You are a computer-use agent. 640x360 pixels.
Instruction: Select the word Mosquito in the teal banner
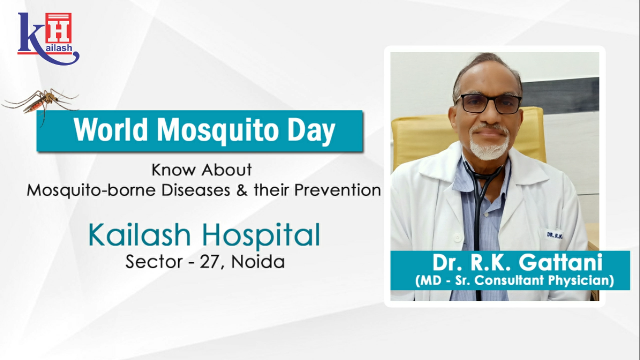pyautogui.click(x=218, y=131)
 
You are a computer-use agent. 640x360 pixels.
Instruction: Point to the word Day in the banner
pyautogui.click(x=311, y=131)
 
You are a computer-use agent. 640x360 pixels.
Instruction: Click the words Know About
pyautogui.click(x=202, y=170)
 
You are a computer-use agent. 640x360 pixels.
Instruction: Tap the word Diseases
pyautogui.click(x=196, y=190)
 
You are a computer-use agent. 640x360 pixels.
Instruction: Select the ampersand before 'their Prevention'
pyautogui.click(x=242, y=190)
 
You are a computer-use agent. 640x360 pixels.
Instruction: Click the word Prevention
pyautogui.click(x=337, y=190)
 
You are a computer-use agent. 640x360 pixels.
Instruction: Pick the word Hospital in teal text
pyautogui.click(x=261, y=235)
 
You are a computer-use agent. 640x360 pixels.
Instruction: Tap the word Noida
pyautogui.click(x=258, y=262)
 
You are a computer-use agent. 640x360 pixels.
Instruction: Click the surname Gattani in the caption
pyautogui.click(x=560, y=262)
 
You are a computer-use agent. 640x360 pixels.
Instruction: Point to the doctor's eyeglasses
pyautogui.click(x=489, y=104)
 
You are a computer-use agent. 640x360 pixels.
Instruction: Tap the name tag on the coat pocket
pyautogui.click(x=554, y=235)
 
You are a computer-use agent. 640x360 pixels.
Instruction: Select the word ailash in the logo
pyautogui.click(x=59, y=48)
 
